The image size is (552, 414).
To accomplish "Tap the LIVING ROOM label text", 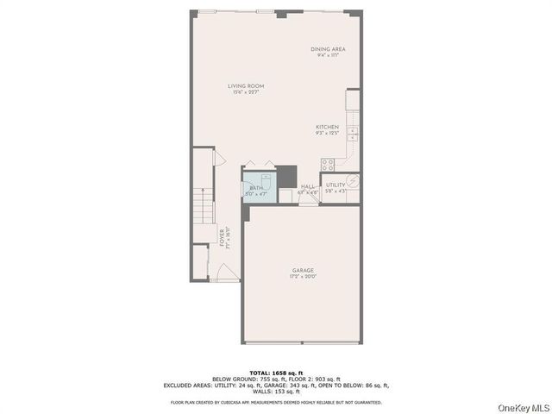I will pyautogui.click(x=246, y=86).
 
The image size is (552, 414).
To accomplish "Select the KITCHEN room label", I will pyautogui.click(x=326, y=127).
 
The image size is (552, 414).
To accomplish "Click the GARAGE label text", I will pyautogui.click(x=302, y=271).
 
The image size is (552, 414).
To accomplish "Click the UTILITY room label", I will pyautogui.click(x=336, y=185).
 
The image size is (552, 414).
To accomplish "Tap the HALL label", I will pyautogui.click(x=308, y=186).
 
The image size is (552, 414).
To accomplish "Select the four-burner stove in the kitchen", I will pyautogui.click(x=329, y=164).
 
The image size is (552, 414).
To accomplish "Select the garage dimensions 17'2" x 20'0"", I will pyautogui.click(x=302, y=277).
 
